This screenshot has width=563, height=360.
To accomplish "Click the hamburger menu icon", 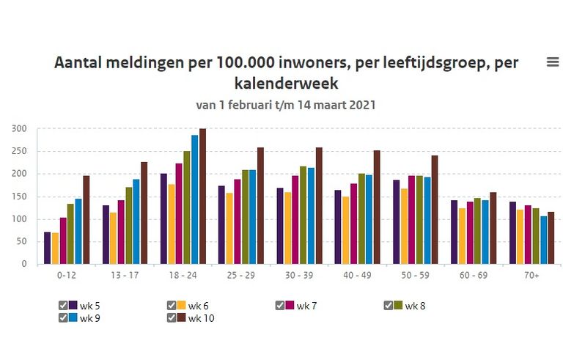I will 553,62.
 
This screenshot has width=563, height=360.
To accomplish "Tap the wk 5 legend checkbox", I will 63,306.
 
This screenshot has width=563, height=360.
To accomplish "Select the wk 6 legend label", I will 199,306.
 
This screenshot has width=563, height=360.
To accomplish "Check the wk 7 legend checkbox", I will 281,306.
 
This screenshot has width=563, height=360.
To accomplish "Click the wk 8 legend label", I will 415,306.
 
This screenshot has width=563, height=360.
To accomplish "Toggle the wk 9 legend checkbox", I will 63,317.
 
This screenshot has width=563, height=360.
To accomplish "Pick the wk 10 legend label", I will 201,317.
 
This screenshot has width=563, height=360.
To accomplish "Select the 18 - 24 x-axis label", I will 183,276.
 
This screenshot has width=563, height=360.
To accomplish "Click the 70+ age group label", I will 532,276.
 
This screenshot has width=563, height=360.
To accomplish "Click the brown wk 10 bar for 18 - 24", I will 202,196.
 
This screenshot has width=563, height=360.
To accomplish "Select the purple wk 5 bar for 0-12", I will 48,248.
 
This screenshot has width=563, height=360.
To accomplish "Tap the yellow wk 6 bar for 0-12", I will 56,249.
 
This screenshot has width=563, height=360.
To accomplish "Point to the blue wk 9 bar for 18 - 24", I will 194,199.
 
